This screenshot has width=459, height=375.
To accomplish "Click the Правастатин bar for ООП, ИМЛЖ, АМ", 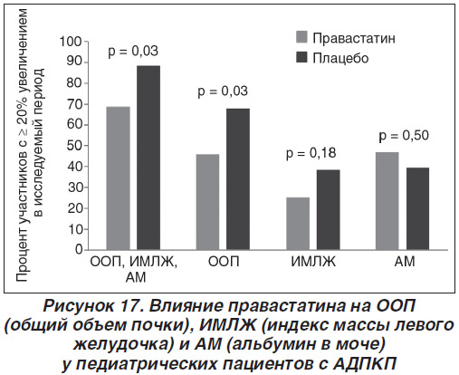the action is [119, 178].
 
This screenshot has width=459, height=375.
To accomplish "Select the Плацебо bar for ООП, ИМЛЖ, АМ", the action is [148, 158].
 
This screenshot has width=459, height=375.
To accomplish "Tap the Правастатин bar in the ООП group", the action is [207, 202].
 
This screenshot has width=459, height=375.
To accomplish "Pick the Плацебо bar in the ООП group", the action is [238, 179].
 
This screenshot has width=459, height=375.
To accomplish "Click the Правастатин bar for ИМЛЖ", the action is [298, 224].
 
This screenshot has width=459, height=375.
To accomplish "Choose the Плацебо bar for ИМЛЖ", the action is [329, 210].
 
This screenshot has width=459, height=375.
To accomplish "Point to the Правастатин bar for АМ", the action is [387, 201].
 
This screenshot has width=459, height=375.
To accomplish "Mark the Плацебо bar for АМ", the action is [417, 208].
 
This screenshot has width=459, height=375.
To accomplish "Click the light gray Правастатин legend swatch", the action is [301, 37].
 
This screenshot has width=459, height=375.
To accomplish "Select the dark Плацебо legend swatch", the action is [301, 57].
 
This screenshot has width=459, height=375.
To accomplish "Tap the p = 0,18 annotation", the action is [311, 153].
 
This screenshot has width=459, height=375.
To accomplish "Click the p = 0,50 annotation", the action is [404, 136].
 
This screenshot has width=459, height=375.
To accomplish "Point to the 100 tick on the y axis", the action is [71, 42].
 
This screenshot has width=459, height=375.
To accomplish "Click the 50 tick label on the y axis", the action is [74, 146].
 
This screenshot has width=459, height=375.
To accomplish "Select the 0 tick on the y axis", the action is [79, 250].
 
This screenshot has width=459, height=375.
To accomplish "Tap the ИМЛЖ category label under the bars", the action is [313, 262].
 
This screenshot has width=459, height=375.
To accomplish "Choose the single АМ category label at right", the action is [405, 262].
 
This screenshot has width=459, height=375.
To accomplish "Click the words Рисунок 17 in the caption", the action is [92, 306].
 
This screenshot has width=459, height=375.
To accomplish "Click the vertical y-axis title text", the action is [30, 145].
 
